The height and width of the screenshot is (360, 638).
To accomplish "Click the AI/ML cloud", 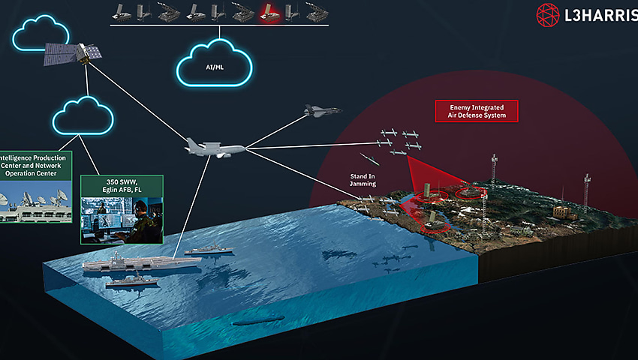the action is [215, 67].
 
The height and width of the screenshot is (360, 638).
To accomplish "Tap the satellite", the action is [72, 53].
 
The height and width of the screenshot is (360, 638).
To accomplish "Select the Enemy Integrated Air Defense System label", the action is [477, 111].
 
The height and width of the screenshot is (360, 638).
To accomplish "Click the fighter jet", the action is [323, 112].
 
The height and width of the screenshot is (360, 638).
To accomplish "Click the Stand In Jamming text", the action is [363, 179].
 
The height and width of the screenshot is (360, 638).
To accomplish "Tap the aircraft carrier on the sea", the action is [139, 263].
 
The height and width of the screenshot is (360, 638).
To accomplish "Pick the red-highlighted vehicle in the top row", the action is [268, 11].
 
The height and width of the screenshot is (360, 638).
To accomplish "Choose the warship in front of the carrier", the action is [131, 282].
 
